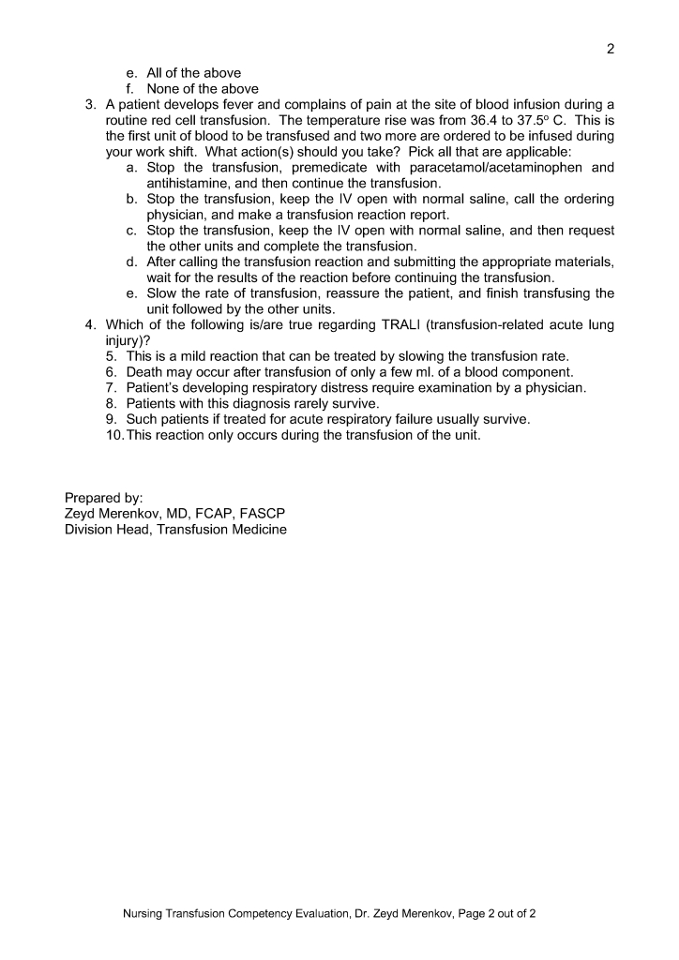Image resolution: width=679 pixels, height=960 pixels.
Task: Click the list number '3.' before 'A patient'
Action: point(92,104)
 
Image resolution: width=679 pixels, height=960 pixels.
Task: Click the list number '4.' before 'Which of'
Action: point(92,325)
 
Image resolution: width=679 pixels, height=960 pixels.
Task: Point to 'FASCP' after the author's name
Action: point(263,514)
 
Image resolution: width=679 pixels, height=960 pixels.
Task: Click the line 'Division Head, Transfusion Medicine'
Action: point(175,530)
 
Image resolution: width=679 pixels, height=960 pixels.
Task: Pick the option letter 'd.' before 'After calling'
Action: point(131,262)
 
